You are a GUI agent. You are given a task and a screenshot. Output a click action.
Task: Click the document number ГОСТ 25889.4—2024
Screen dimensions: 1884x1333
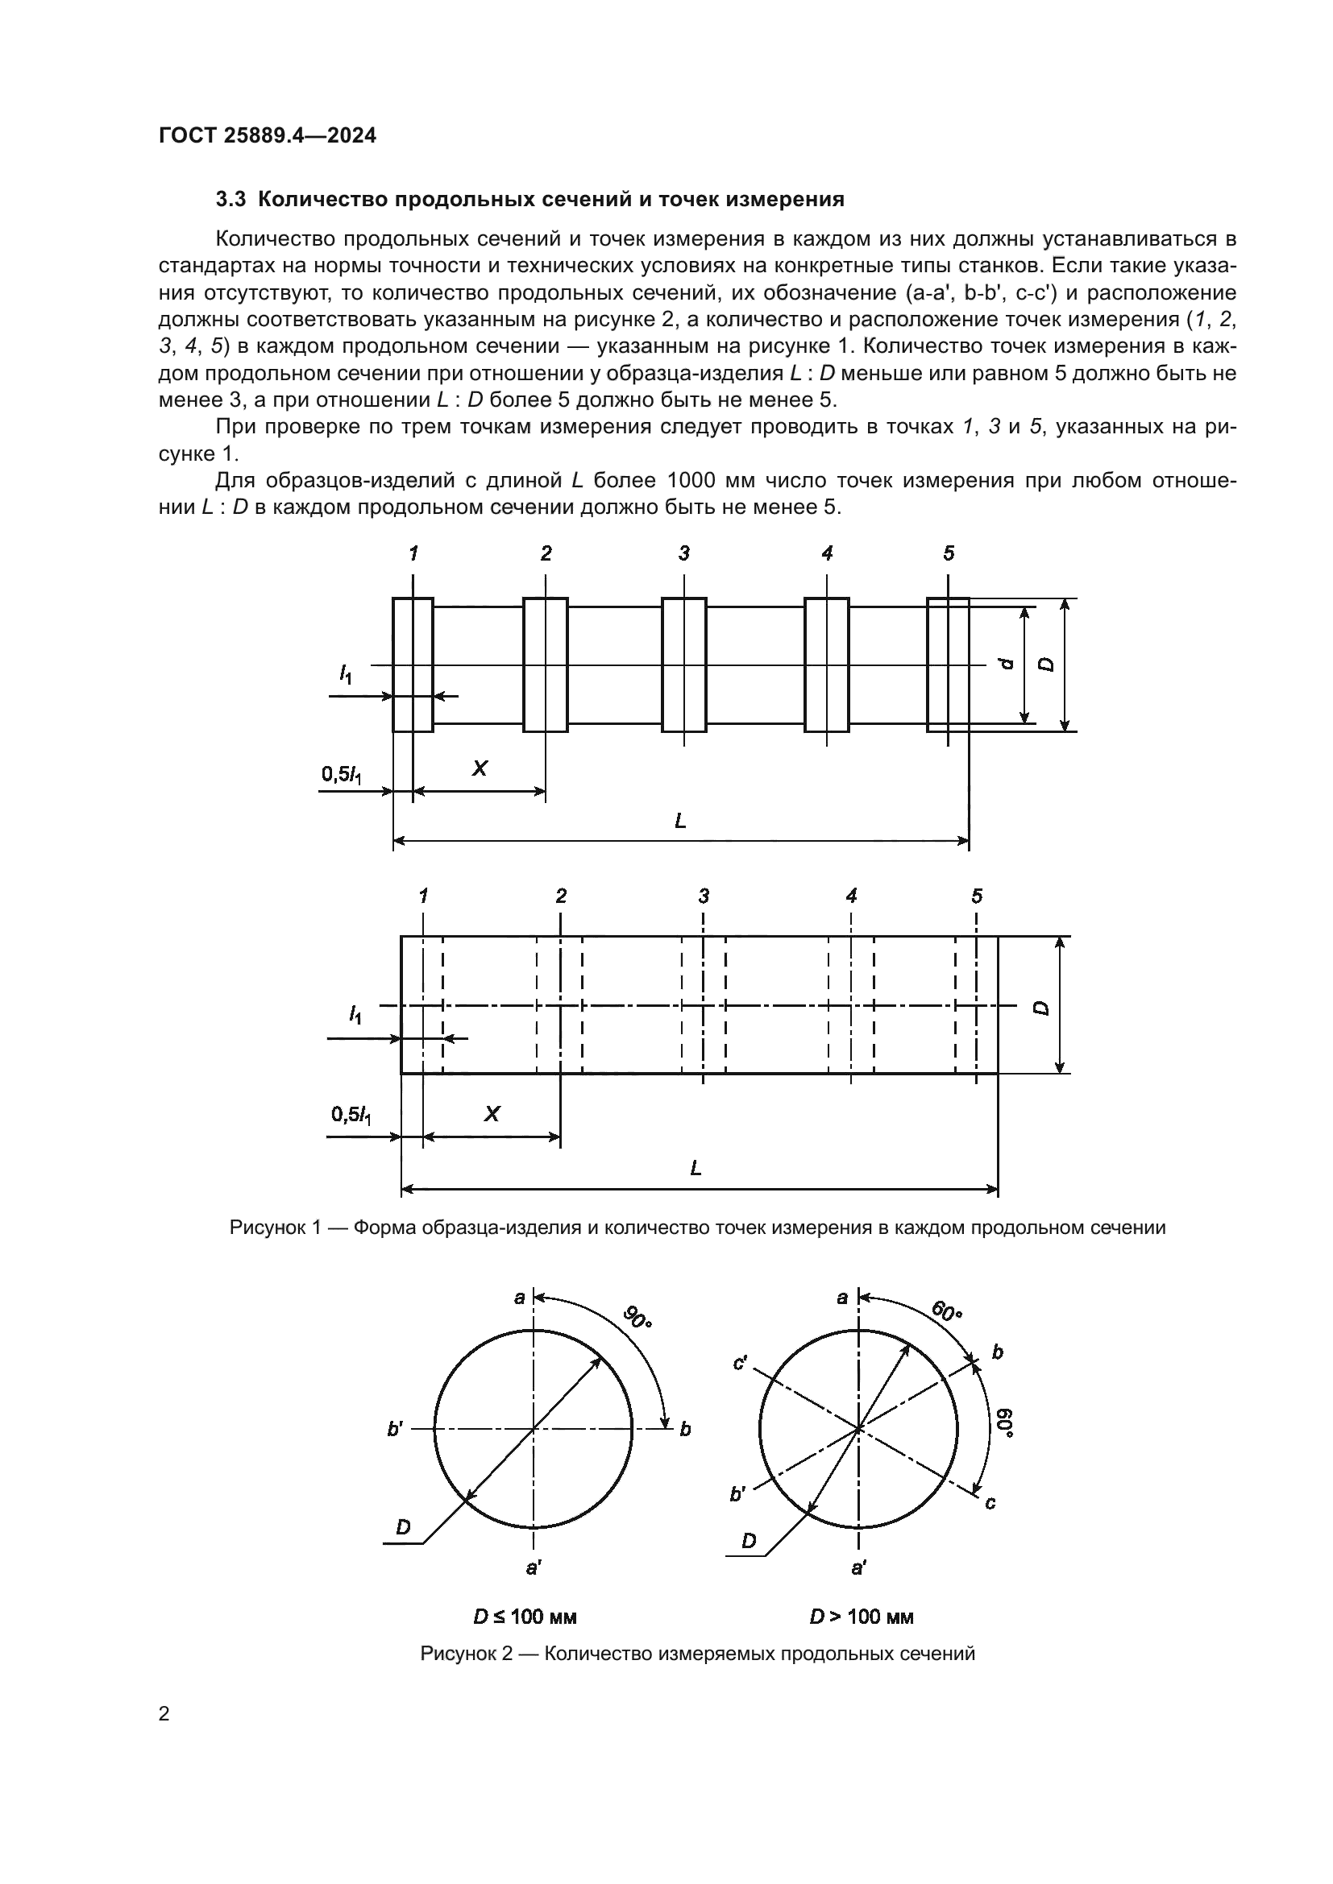pyautogui.click(x=267, y=136)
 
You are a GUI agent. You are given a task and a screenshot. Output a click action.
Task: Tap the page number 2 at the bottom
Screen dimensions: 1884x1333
pyautogui.click(x=164, y=1713)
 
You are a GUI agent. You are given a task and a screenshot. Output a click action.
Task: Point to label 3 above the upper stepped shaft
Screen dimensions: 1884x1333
pyautogui.click(x=683, y=554)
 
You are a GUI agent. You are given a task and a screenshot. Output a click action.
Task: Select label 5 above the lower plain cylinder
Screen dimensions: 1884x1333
pyautogui.click(x=976, y=896)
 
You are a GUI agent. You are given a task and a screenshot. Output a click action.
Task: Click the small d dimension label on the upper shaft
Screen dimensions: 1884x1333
pyautogui.click(x=1009, y=664)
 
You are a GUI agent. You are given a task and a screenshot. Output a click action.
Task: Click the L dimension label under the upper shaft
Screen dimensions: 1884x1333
pyautogui.click(x=679, y=821)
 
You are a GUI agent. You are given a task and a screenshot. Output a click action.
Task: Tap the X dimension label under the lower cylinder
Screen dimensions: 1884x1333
pyautogui.click(x=492, y=1114)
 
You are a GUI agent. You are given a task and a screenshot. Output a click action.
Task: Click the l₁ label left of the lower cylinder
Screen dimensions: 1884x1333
pyautogui.click(x=355, y=1016)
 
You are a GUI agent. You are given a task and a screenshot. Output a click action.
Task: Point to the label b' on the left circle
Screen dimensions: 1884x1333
pyautogui.click(x=395, y=1430)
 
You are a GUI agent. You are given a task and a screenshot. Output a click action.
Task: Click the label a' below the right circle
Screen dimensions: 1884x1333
pyautogui.click(x=858, y=1568)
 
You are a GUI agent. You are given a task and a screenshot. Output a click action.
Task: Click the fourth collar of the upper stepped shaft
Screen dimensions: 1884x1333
pyautogui.click(x=826, y=665)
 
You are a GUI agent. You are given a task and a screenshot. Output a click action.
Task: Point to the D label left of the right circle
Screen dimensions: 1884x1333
pyautogui.click(x=749, y=1541)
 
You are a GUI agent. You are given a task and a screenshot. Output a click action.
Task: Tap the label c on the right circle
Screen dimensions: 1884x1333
pyautogui.click(x=990, y=1502)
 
